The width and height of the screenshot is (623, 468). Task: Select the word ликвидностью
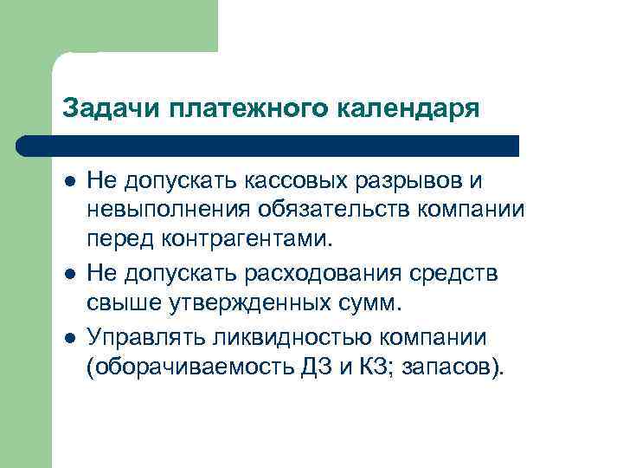(277, 337)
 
